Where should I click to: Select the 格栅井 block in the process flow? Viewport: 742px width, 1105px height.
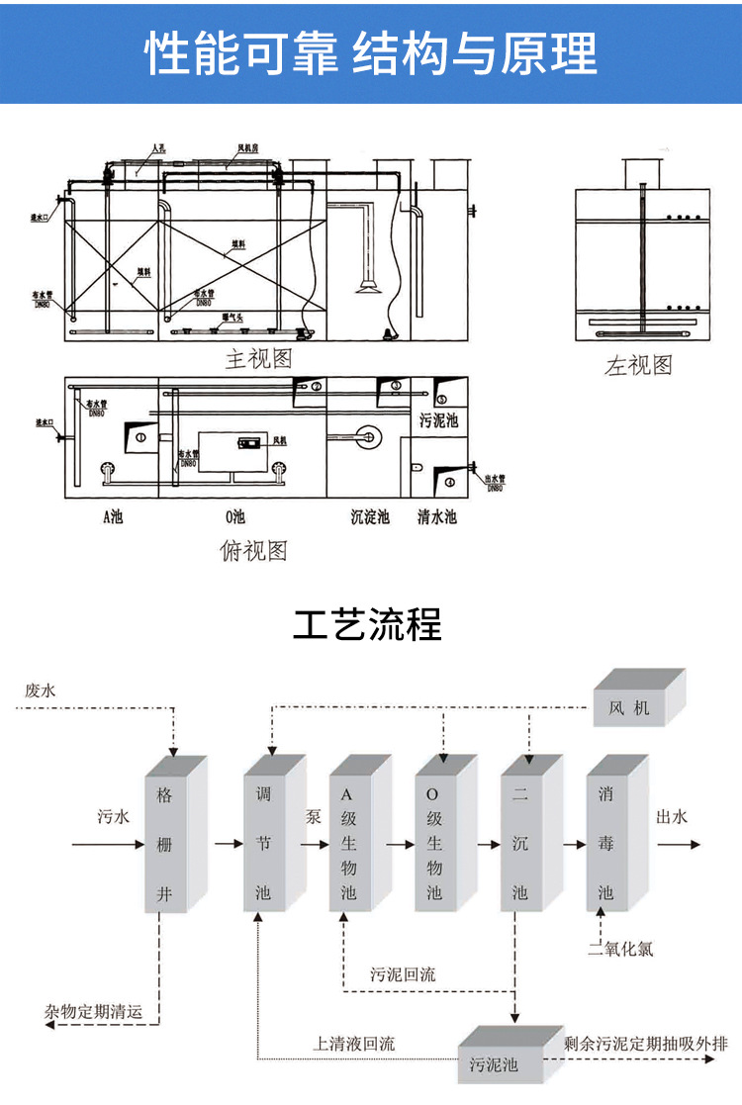pyautogui.click(x=171, y=841)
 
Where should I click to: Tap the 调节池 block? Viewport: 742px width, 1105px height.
pyautogui.click(x=268, y=841)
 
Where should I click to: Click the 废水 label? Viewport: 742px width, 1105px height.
pyautogui.click(x=41, y=691)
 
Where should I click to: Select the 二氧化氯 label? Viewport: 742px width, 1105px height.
pyautogui.click(x=620, y=950)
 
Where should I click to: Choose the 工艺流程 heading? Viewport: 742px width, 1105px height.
pyautogui.click(x=368, y=625)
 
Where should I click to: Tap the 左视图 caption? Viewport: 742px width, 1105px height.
pyautogui.click(x=638, y=365)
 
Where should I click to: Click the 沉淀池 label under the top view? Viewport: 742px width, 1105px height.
pyautogui.click(x=370, y=516)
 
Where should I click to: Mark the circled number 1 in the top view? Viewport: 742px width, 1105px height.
pyautogui.click(x=140, y=436)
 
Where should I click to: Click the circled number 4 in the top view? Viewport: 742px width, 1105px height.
pyautogui.click(x=450, y=482)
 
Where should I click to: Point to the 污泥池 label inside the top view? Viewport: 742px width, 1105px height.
pyautogui.click(x=438, y=420)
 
